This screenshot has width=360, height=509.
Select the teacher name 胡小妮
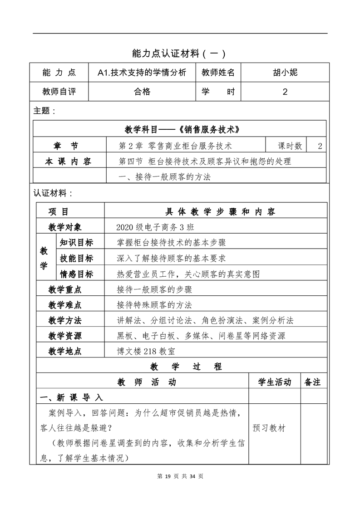click(x=285, y=72)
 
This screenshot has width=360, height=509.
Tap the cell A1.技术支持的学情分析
click(x=142, y=72)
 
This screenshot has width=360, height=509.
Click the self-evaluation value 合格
click(x=142, y=92)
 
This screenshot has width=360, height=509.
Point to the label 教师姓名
click(x=218, y=72)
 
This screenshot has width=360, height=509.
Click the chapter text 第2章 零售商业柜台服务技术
click(x=175, y=146)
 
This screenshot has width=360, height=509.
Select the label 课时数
click(x=290, y=146)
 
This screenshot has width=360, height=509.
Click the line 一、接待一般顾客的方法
click(x=164, y=177)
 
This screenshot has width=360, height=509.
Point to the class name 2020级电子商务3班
click(x=155, y=227)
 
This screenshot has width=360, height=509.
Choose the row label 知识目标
click(x=76, y=242)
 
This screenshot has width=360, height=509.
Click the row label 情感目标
click(x=76, y=274)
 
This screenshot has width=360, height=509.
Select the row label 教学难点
click(x=65, y=305)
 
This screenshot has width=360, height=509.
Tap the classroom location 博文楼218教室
click(x=145, y=351)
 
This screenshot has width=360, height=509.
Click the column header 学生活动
click(x=275, y=382)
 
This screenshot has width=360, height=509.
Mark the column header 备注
click(x=313, y=382)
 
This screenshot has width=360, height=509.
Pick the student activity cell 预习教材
click(x=269, y=428)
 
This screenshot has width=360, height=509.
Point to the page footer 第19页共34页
click(x=180, y=476)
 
